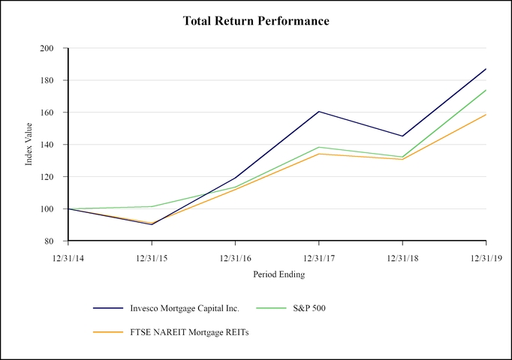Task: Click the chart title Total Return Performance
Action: coord(256,21)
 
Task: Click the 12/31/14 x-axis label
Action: coord(68,256)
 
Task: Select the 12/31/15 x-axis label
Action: coord(152,256)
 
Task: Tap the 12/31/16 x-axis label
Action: coord(235,256)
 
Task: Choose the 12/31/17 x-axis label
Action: coord(319,256)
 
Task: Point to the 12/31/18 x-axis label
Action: coord(402,256)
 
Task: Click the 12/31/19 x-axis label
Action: coord(486,256)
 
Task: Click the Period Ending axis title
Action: coord(278,274)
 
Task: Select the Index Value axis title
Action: coord(29,145)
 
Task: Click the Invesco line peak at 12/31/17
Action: coord(319,112)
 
